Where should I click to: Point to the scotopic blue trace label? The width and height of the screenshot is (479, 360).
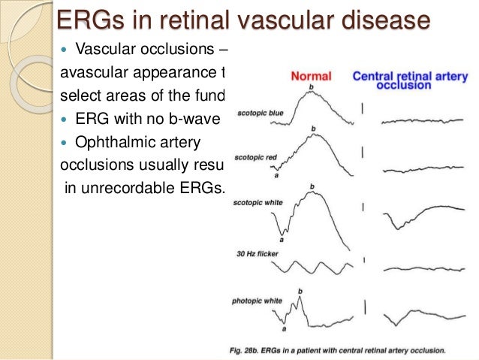(x=259, y=113)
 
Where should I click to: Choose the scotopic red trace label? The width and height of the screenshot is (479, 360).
(x=257, y=157)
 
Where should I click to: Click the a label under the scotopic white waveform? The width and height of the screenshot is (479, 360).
(x=282, y=240)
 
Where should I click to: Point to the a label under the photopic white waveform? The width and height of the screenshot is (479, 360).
(x=284, y=328)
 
